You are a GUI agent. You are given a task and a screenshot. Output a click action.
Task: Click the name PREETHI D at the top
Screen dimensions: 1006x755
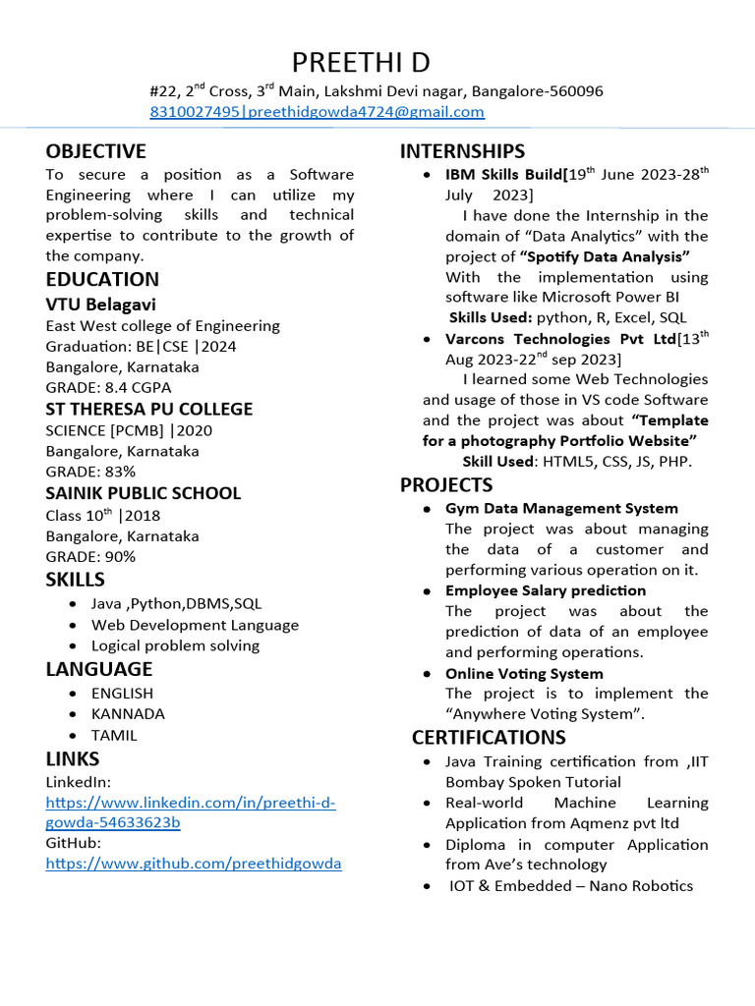(361, 63)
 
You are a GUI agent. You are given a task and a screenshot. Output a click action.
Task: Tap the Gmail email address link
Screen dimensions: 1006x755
(365, 112)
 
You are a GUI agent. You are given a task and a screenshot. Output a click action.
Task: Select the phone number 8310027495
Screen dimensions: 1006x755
(195, 112)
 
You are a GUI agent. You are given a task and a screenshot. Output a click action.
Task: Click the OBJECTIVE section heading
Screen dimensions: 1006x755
(95, 151)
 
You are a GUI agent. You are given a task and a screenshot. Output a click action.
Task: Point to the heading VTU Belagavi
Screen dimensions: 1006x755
(100, 305)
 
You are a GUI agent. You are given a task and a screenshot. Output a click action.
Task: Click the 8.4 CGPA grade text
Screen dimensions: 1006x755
(138, 388)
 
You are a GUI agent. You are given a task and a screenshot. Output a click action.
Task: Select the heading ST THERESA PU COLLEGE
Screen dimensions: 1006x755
(148, 409)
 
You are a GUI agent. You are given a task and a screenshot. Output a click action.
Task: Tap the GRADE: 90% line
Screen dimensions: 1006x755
(90, 557)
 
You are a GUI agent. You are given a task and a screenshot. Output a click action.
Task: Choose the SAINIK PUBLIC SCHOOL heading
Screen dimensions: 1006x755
(143, 493)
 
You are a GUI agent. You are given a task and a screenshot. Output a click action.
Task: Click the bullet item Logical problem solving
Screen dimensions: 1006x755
(175, 645)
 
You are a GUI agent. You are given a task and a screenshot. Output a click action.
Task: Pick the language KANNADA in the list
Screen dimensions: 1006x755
(128, 714)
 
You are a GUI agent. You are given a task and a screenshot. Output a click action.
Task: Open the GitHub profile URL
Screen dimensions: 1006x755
(194, 864)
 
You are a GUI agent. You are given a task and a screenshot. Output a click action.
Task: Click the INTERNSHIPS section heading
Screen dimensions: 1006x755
(462, 151)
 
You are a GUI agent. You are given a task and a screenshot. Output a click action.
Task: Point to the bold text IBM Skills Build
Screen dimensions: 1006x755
(502, 175)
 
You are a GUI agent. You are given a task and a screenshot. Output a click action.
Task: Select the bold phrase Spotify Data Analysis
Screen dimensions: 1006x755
(605, 256)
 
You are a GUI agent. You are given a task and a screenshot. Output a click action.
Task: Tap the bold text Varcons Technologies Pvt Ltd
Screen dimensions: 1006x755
(560, 339)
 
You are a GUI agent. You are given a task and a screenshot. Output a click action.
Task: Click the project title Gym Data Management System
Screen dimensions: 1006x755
(561, 508)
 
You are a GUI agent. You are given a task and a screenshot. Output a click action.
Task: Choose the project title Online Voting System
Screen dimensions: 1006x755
(524, 674)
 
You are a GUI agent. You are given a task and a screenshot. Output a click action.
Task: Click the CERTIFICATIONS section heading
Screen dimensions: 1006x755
(489, 737)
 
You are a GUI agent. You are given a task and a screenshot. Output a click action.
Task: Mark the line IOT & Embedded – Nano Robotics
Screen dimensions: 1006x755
(570, 886)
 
